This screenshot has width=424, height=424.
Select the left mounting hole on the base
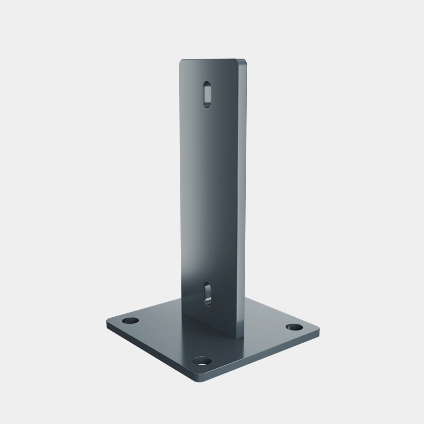[x=131, y=322]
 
